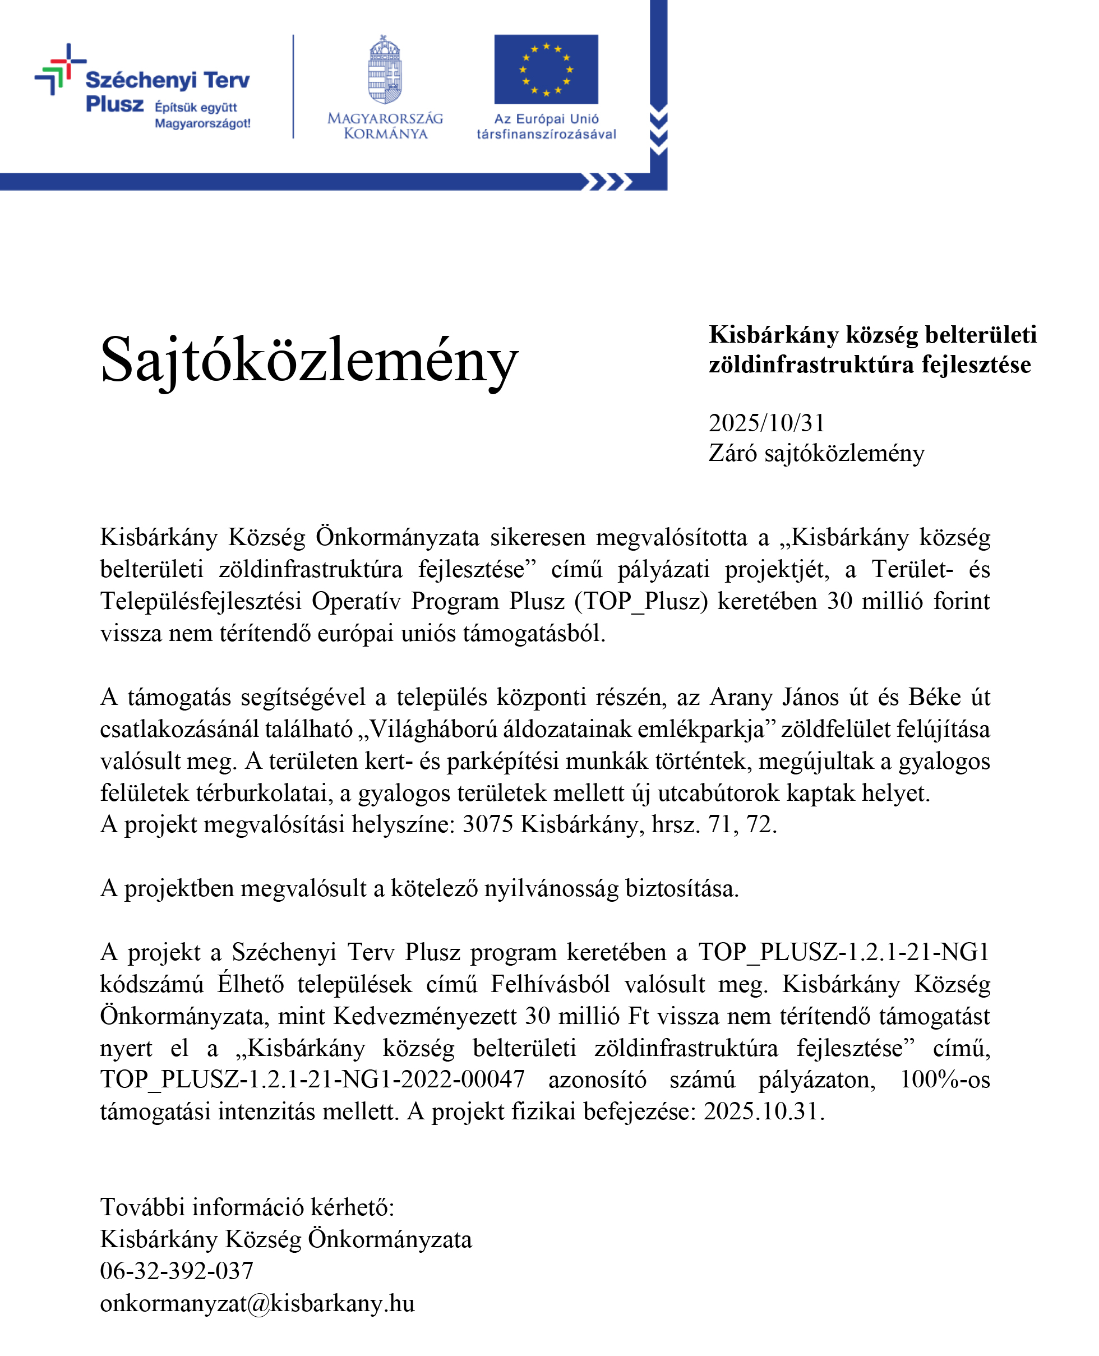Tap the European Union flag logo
(546, 69)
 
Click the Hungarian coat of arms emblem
(385, 70)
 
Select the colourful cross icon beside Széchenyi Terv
(59, 70)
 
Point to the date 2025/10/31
(766, 423)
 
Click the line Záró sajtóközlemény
(816, 453)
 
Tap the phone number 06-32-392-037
(177, 1271)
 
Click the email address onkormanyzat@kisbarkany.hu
(257, 1303)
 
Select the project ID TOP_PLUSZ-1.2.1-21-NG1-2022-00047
(312, 1079)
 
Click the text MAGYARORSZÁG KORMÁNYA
(385, 126)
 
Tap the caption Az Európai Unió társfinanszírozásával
(546, 127)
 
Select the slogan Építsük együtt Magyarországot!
(202, 115)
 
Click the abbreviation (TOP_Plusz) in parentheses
(641, 601)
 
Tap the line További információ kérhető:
(247, 1207)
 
